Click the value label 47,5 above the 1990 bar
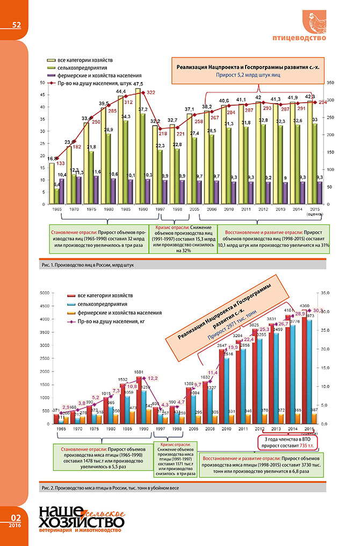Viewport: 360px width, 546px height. [138, 84]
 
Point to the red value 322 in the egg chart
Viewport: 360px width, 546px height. [151, 93]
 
